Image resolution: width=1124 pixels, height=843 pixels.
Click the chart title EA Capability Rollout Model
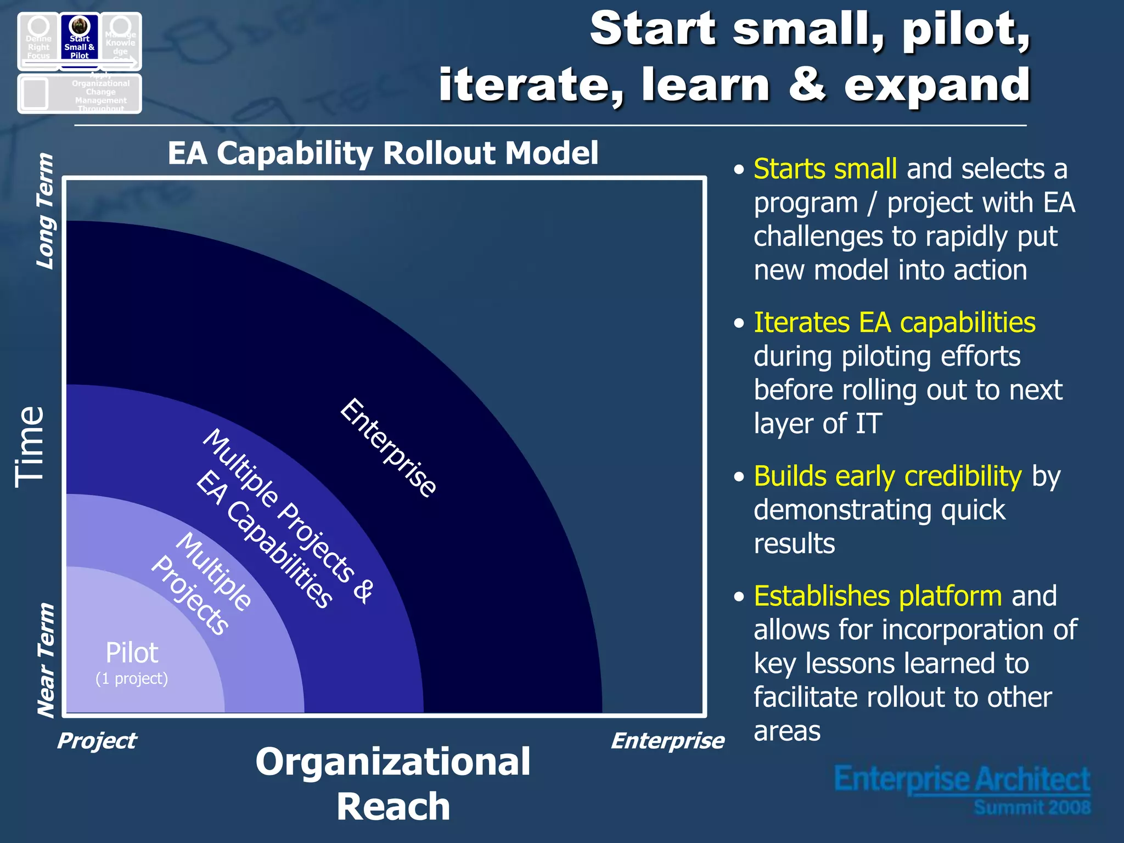[x=383, y=153]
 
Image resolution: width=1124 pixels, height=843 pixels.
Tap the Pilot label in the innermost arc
[x=132, y=653]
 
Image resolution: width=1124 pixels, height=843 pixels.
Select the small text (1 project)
[x=132, y=679]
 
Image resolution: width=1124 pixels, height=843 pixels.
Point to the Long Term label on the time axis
[x=45, y=211]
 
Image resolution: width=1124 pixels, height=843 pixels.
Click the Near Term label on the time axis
[x=45, y=660]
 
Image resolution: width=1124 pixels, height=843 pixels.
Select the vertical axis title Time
[x=30, y=447]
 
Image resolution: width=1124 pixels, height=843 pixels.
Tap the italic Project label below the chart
[x=97, y=741]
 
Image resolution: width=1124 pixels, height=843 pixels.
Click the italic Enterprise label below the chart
[x=667, y=741]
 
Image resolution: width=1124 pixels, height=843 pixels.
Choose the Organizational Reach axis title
[x=393, y=784]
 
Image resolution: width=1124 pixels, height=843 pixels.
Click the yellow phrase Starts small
[x=825, y=169]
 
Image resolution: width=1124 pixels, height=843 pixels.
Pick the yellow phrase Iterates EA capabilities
[x=894, y=323]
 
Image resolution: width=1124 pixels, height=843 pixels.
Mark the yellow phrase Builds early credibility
[x=887, y=476]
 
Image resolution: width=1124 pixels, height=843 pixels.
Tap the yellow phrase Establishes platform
[x=878, y=596]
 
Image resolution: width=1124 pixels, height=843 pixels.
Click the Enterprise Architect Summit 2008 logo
[x=962, y=789]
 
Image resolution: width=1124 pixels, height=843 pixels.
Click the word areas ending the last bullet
[x=786, y=732]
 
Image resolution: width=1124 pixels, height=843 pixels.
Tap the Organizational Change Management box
[x=80, y=94]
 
